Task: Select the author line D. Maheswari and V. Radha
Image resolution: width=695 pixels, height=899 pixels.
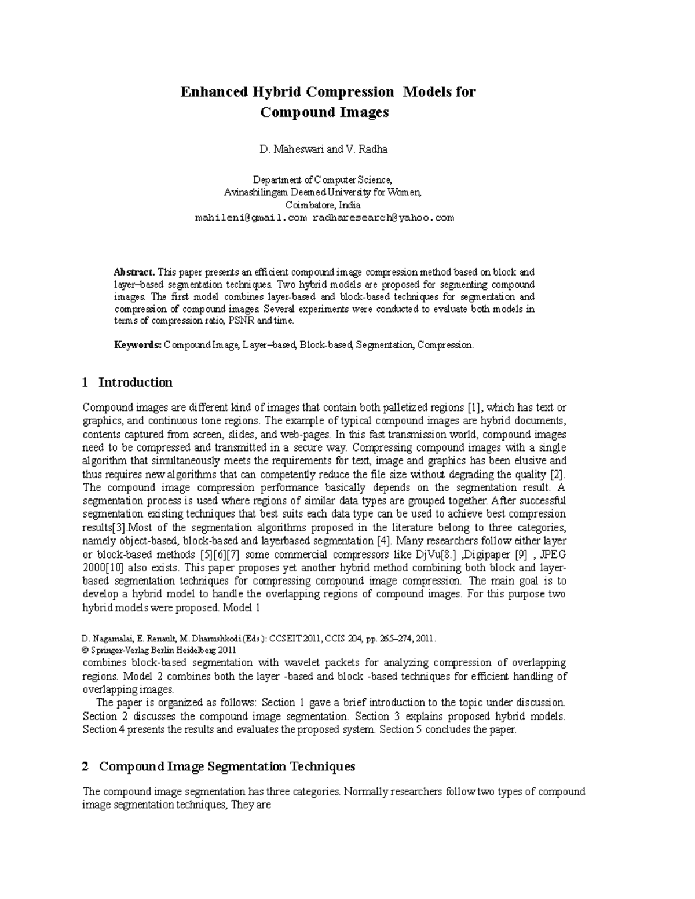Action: [x=324, y=149]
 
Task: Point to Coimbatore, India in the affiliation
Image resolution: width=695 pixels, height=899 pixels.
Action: [x=323, y=205]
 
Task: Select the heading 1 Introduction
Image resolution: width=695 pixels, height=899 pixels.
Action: [x=127, y=382]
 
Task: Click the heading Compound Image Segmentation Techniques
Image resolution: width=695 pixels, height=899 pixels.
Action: [x=226, y=766]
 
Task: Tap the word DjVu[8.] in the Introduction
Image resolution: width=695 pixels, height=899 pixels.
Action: [x=437, y=554]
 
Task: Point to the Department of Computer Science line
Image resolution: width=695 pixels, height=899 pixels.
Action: [x=324, y=179]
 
